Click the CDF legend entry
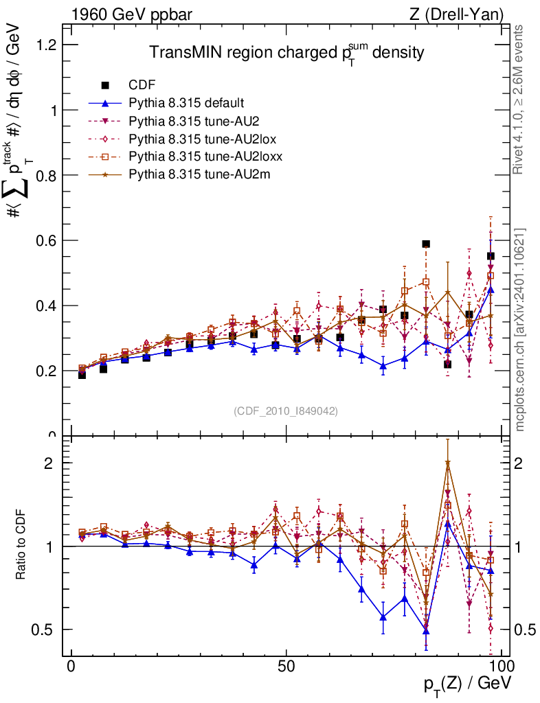click(x=142, y=85)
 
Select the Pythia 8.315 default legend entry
click(x=185, y=103)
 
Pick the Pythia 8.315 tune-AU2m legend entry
click(x=203, y=174)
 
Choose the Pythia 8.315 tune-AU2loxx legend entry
click(x=206, y=157)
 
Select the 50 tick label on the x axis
click(x=286, y=668)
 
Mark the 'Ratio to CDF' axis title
click(x=21, y=545)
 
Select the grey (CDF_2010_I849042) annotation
click(x=286, y=411)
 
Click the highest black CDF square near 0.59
click(x=426, y=244)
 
